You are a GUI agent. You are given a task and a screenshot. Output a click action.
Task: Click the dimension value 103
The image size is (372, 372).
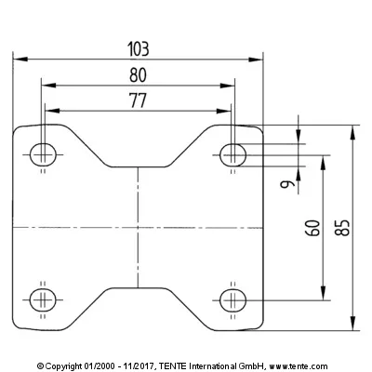pos(139,49)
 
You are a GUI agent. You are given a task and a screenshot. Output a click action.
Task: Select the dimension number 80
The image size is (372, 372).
pos(138,75)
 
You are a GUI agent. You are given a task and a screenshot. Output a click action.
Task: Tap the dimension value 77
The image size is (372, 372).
pos(138,100)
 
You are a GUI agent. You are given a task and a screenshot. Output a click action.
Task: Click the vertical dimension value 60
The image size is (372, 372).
pos(312,228)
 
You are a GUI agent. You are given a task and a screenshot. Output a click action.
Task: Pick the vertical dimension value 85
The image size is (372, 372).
pos(342,228)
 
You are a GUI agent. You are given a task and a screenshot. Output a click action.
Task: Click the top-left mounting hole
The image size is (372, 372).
pos(43,154)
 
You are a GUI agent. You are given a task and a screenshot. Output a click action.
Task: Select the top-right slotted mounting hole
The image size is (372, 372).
pos(232,154)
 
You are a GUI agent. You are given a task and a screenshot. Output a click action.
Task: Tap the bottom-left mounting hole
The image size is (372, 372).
pos(43,300)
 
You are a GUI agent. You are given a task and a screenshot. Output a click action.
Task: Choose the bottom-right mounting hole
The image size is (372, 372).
pos(232,300)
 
